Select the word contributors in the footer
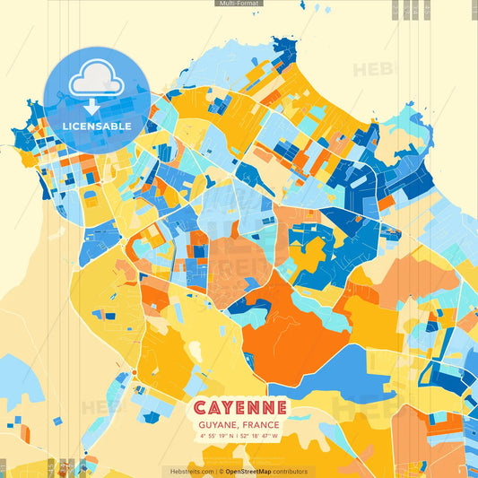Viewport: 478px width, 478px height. click(x=292, y=471)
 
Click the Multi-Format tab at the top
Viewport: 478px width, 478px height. click(x=239, y=4)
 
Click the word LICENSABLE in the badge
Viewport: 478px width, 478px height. click(x=97, y=126)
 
